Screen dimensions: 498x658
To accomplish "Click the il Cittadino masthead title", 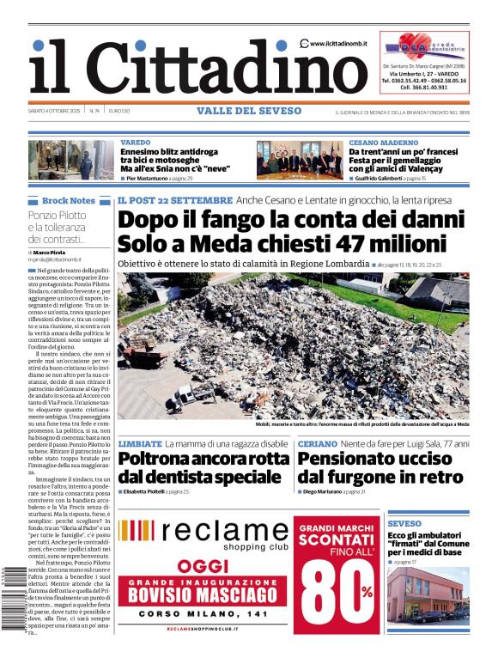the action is pyautogui.click(x=185, y=68).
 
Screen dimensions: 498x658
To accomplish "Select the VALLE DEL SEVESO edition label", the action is pyautogui.click(x=249, y=111).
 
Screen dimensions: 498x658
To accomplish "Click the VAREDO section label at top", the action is pyautogui.click(x=135, y=142).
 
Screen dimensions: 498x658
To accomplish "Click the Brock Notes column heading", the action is pyautogui.click(x=68, y=200).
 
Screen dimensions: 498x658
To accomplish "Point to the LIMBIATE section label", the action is pyautogui.click(x=140, y=443).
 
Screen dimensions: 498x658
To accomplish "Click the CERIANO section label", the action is pyautogui.click(x=317, y=443).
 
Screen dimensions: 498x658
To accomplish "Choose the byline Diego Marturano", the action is pyautogui.click(x=324, y=492).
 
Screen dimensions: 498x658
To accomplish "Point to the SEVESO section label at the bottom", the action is pyautogui.click(x=404, y=523).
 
